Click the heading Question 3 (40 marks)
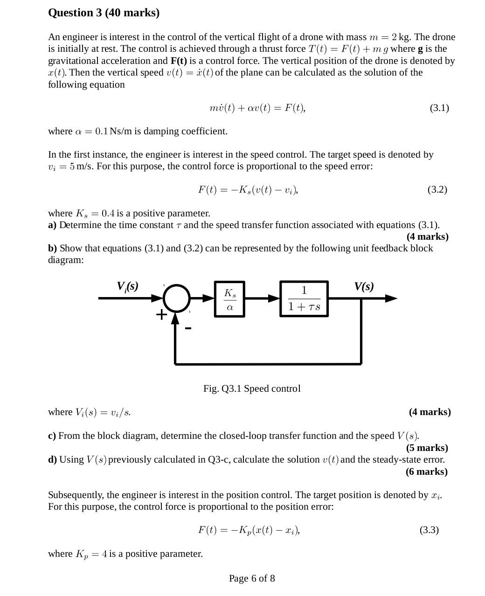point(104,13)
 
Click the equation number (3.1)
point(439,108)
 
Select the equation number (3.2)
point(437,190)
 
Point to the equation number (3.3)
point(429,530)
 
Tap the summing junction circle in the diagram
point(176,298)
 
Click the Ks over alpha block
point(229,299)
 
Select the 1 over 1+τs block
point(304,298)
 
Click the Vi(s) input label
point(127,286)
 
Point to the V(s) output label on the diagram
point(364,286)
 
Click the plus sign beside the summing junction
point(161,314)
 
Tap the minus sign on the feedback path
point(188,328)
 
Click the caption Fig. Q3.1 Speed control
point(252,388)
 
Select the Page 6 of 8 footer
point(252,579)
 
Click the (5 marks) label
point(427,448)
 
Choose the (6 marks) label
point(427,471)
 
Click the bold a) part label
point(52,225)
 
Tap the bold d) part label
point(52,460)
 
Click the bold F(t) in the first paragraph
point(179,61)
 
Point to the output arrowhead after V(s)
point(391,298)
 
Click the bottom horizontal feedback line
point(268,363)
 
